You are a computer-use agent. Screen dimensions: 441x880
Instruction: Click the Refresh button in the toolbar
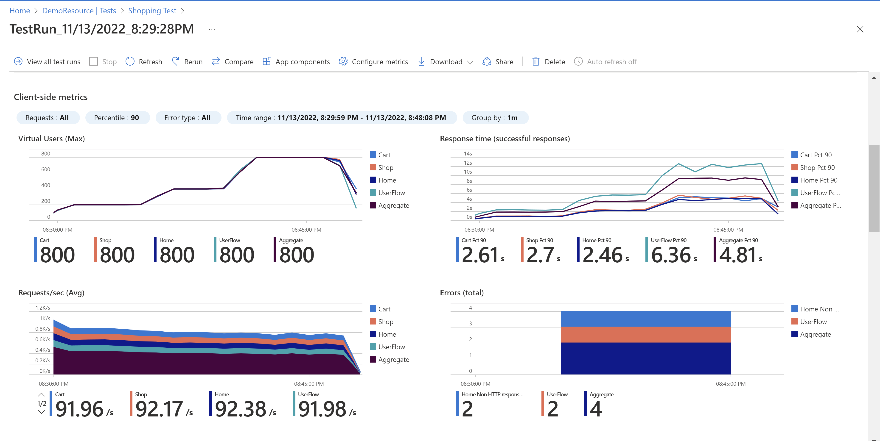[144, 61]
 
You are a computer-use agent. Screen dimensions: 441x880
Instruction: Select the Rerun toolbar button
[187, 61]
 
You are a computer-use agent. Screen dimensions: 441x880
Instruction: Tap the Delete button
[549, 61]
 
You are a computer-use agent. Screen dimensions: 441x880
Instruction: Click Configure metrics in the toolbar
[373, 61]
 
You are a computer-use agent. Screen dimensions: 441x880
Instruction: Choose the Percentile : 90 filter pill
[117, 118]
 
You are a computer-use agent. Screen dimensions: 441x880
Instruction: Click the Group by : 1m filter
[495, 118]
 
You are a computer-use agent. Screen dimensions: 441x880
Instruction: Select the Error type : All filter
[188, 118]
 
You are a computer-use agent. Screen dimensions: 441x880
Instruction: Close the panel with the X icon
[860, 29]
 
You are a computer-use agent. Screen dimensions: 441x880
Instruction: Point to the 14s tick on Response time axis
[468, 154]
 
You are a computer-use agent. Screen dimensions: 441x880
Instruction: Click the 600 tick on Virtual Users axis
[45, 169]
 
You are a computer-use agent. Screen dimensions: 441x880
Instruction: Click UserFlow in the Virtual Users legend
[391, 193]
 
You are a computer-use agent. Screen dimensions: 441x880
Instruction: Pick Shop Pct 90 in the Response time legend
[817, 168]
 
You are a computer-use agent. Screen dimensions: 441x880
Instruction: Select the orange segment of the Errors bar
[645, 335]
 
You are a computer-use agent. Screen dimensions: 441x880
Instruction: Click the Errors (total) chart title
[462, 293]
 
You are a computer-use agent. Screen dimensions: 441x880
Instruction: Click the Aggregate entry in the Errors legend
[815, 335]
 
